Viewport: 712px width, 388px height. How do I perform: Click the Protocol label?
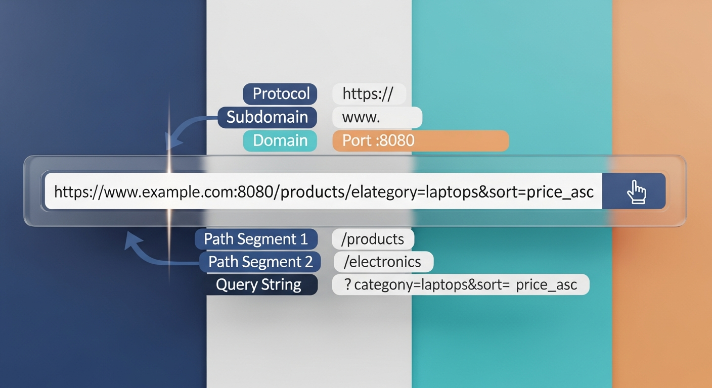(280, 94)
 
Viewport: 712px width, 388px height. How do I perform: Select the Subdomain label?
(267, 117)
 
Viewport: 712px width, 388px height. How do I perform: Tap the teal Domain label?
(280, 140)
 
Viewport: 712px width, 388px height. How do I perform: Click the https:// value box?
(369, 94)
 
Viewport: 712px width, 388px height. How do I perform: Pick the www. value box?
(377, 117)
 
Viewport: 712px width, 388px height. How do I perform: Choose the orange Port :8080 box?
(420, 140)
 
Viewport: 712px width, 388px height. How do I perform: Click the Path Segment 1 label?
(256, 239)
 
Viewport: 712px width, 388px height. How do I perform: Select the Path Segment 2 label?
(260, 262)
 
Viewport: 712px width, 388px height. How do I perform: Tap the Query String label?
(258, 285)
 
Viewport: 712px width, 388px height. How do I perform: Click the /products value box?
(373, 239)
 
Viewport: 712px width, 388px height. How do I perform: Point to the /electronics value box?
(383, 262)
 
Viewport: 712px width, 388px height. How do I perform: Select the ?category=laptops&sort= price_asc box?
(460, 285)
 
